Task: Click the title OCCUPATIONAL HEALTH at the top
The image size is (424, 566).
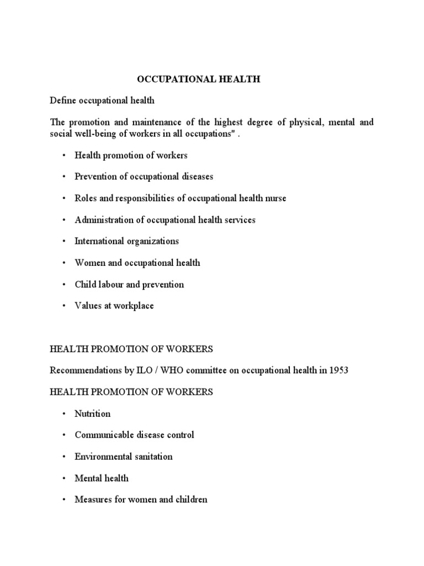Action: pyautogui.click(x=198, y=80)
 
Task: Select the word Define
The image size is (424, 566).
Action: pyautogui.click(x=62, y=101)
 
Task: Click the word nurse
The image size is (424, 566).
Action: pyautogui.click(x=275, y=198)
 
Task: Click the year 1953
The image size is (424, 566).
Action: pyautogui.click(x=338, y=370)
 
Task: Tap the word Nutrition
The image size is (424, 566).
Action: pyautogui.click(x=93, y=413)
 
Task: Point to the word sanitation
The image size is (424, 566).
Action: pyautogui.click(x=151, y=457)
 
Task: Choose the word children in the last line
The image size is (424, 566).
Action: pyautogui.click(x=191, y=500)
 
